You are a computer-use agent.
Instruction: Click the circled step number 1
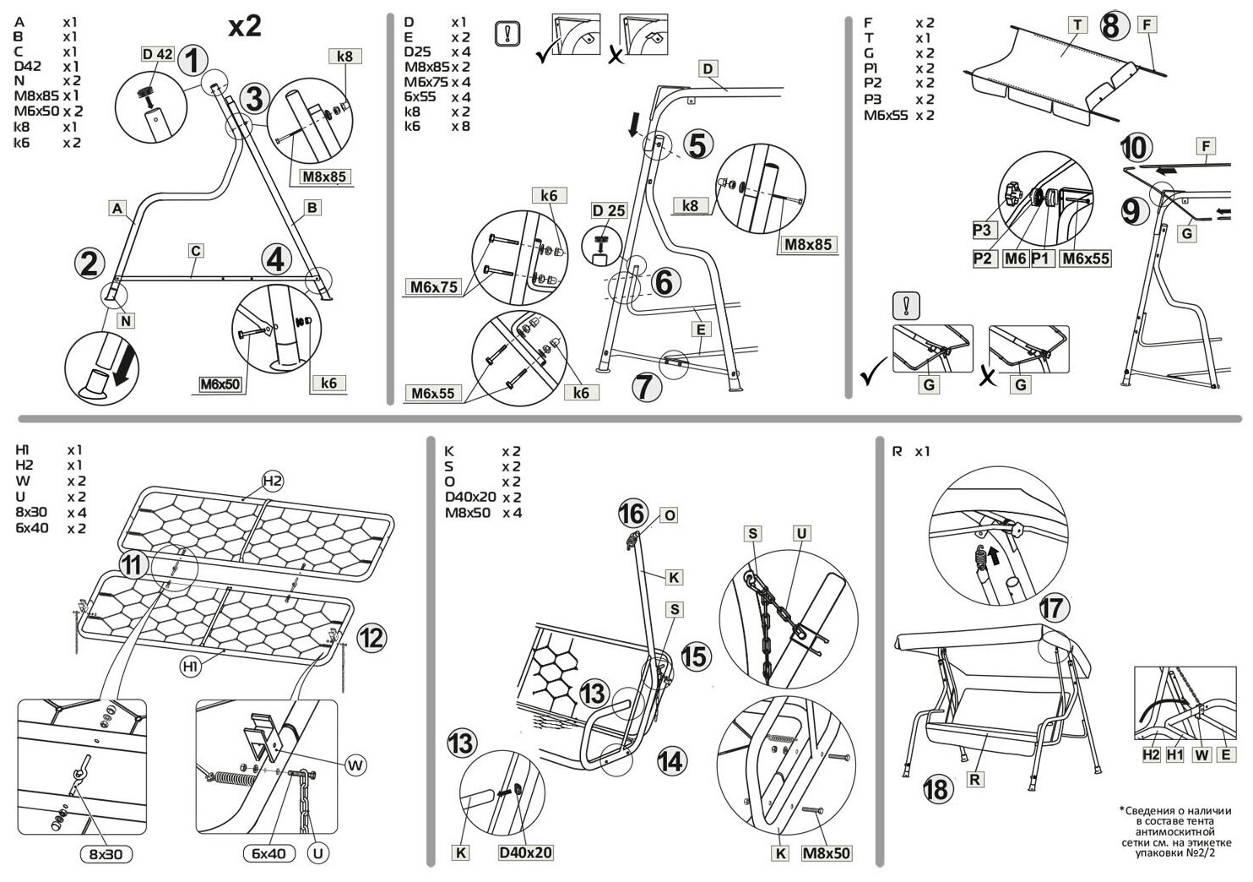point(193,62)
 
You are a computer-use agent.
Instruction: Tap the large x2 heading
point(245,26)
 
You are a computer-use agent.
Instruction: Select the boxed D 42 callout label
point(157,55)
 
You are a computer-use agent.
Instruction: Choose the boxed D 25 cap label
point(609,210)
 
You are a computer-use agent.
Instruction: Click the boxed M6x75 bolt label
point(434,287)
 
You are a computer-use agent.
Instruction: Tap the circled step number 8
point(1111,25)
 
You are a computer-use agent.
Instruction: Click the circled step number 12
point(371,638)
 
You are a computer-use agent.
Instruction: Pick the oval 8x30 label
point(106,854)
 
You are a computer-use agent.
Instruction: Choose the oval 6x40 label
point(268,853)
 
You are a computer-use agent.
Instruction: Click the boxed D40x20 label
point(525,852)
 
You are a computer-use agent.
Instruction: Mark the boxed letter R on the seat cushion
point(974,780)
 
